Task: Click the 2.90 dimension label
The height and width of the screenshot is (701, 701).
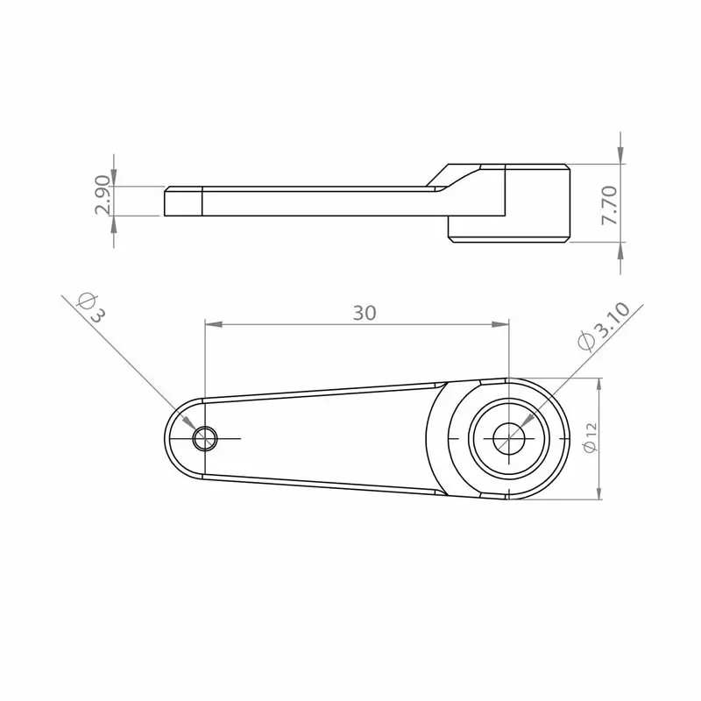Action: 103,195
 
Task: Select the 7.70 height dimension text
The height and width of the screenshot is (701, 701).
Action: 610,205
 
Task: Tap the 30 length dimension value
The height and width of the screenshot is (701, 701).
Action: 365,313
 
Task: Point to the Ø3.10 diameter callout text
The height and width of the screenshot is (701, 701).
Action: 604,328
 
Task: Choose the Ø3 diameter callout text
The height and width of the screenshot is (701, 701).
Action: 93,308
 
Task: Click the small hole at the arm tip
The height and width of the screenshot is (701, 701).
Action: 205,439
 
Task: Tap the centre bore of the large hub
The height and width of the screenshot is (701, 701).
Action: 509,439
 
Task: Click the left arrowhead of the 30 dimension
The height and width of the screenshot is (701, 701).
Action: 213,324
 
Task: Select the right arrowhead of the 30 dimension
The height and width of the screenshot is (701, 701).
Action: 500,324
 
